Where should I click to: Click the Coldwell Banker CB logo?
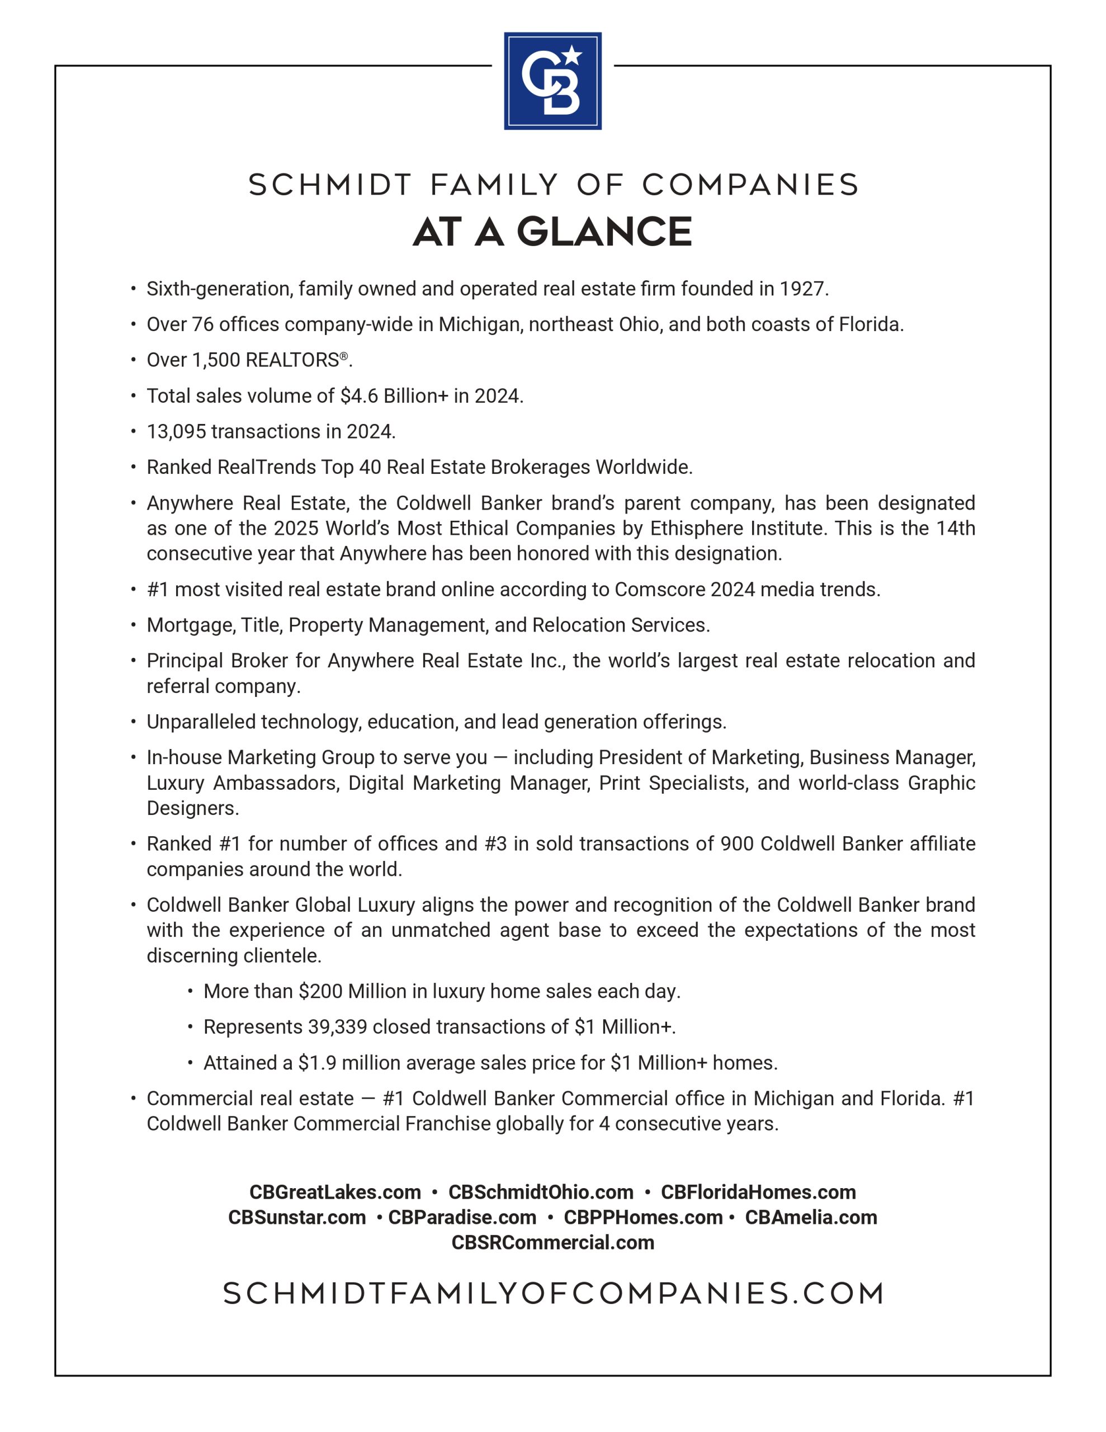pos(552,81)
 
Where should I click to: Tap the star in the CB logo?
pos(573,55)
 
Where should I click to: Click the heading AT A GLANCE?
pos(552,232)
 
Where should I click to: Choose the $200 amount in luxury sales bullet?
pos(320,991)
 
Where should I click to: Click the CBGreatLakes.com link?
pos(335,1191)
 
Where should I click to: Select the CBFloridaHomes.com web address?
pos(758,1191)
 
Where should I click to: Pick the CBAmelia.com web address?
pos(810,1217)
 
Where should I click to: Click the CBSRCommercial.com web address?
pos(552,1242)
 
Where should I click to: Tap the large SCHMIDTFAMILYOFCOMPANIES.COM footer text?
pos(552,1294)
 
